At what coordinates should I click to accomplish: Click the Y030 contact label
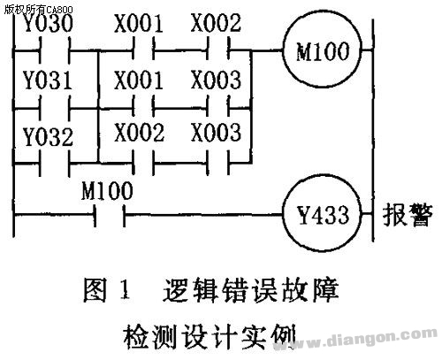48,24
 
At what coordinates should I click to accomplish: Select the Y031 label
48,80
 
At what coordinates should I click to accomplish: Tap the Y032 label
49,137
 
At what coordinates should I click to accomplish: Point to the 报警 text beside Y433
408,214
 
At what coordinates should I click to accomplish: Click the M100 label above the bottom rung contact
107,191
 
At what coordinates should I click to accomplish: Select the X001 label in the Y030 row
139,24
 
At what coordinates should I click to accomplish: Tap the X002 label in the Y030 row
216,23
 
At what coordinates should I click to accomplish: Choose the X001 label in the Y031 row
139,80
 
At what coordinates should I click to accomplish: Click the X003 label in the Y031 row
216,80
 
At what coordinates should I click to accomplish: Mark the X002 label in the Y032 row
140,133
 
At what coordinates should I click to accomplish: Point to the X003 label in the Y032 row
216,133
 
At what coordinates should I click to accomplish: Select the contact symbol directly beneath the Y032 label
55,163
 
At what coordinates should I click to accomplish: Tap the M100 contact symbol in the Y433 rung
110,215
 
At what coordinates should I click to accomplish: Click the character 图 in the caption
95,290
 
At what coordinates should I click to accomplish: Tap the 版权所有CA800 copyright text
38,10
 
